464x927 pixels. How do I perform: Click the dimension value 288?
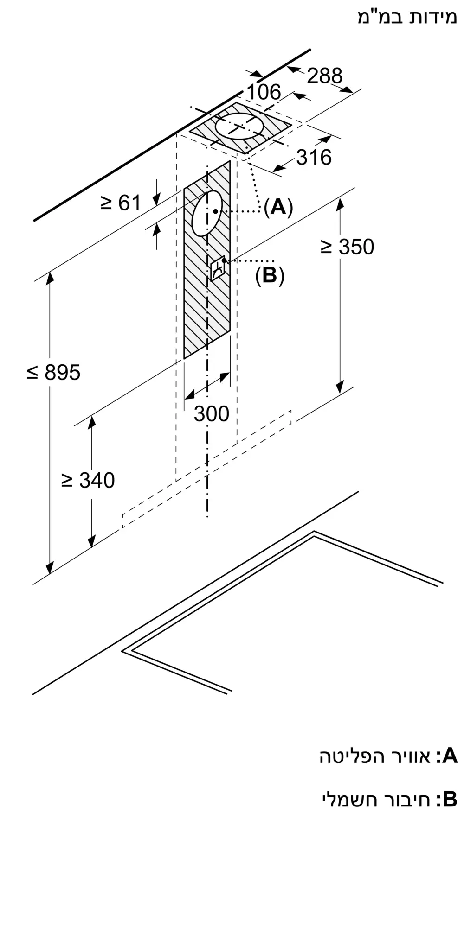tap(325, 76)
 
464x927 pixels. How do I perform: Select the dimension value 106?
tap(264, 92)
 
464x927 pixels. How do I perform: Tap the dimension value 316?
tap(314, 157)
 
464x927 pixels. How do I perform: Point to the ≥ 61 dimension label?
tap(121, 203)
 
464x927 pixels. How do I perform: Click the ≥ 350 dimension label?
tap(347, 247)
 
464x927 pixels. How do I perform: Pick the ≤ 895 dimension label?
tap(53, 372)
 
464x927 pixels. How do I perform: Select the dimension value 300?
tap(212, 413)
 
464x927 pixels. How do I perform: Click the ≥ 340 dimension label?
tap(88, 480)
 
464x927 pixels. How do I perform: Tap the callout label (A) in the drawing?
tap(278, 207)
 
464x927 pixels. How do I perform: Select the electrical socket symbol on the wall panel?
tap(218, 268)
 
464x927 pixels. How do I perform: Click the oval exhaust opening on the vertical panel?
tap(207, 213)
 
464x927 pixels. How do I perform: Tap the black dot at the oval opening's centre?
tap(215, 211)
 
